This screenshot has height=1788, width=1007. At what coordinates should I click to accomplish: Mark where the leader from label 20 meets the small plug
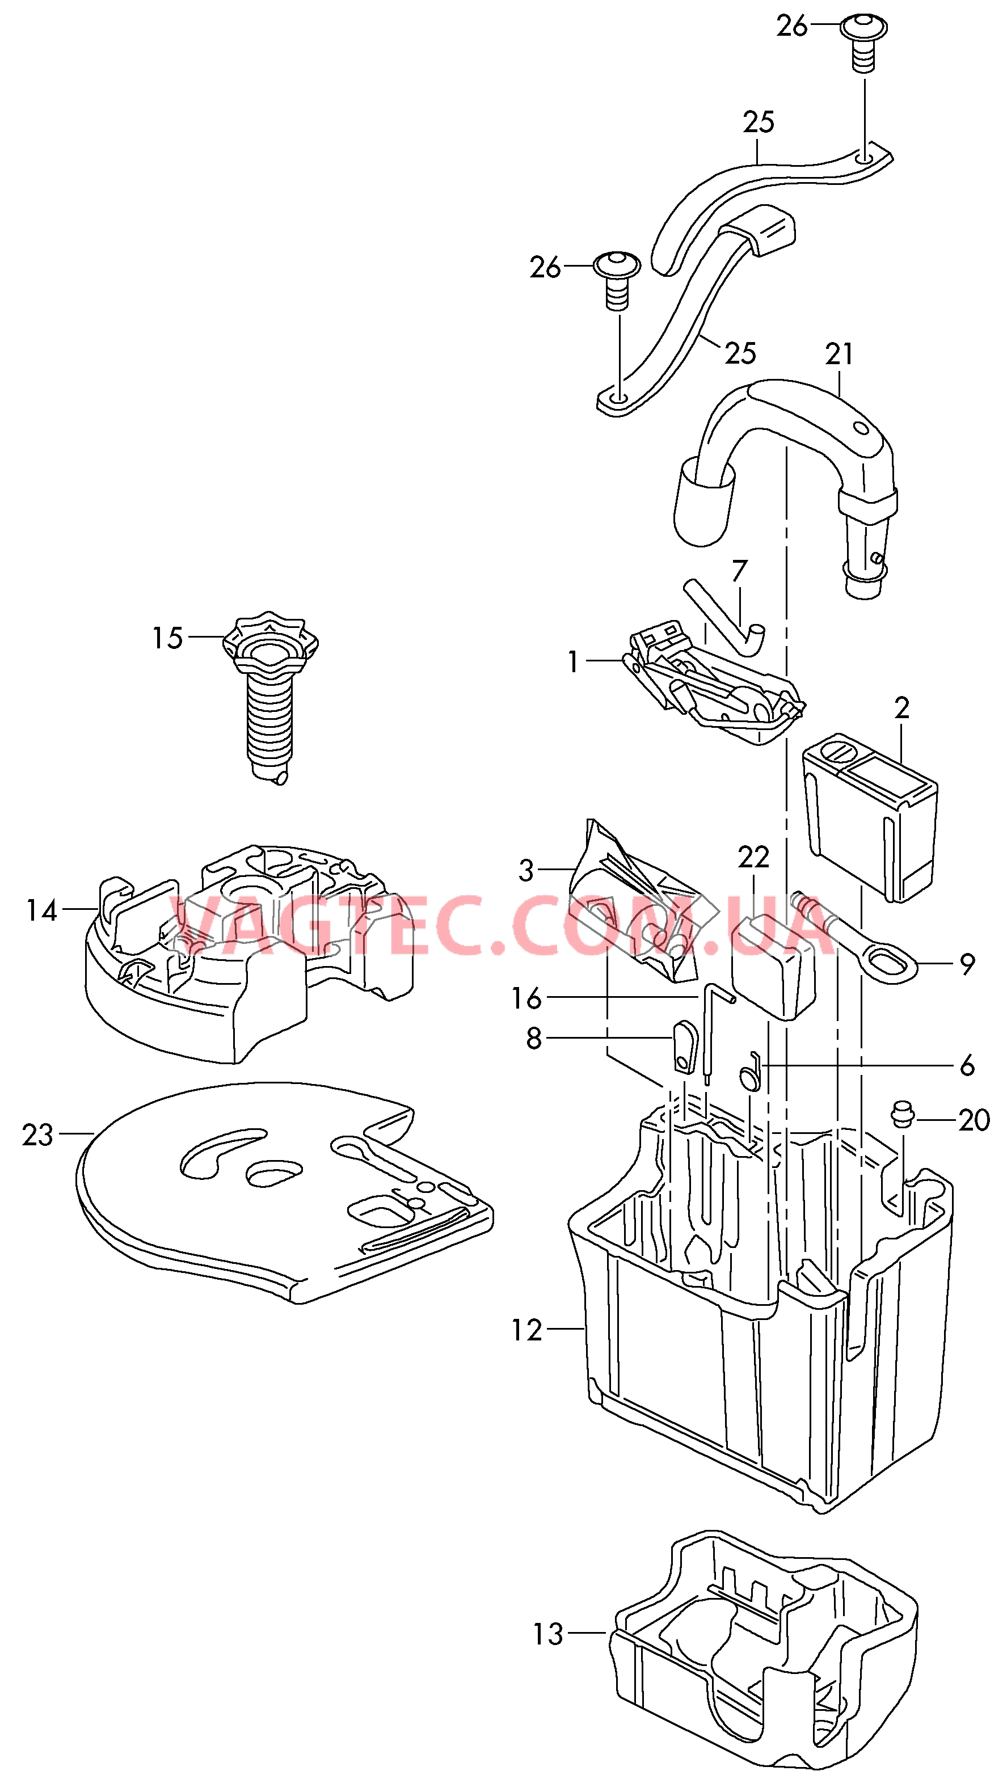coord(915,1120)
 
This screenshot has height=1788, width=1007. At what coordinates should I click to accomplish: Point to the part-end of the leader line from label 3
coord(575,869)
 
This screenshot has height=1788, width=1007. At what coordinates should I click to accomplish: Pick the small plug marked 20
coord(902,1115)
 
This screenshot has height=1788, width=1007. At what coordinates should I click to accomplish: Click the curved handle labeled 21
coord(786,486)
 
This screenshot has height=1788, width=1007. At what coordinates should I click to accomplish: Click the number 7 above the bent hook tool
coord(739,571)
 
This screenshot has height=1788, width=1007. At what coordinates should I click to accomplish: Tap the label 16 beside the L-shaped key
coord(526,998)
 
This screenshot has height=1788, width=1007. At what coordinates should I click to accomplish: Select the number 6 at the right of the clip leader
coord(967,1065)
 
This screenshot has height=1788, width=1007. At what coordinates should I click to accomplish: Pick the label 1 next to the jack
coord(573,661)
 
